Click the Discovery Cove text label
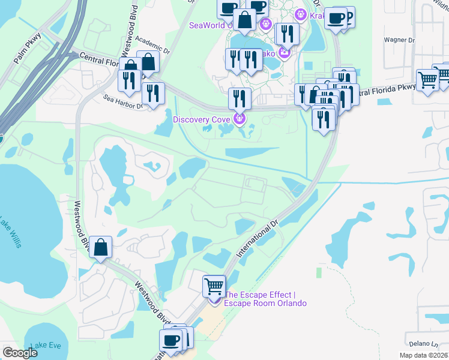coord(203,119)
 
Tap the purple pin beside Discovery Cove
coord(240,119)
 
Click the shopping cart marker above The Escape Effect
coord(214,286)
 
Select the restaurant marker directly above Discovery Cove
coord(240,98)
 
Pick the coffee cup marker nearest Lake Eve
coord(170,340)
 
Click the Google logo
coord(20,353)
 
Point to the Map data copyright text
coord(424,355)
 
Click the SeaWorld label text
coord(202,25)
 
